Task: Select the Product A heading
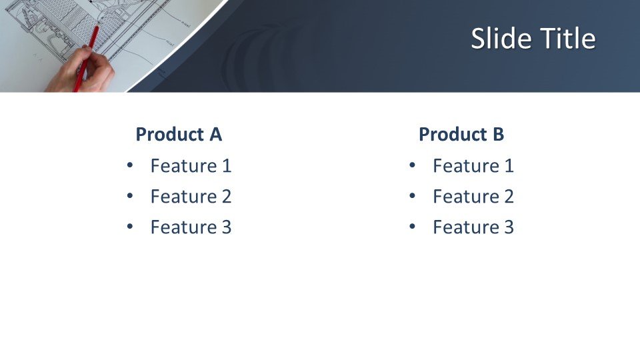coord(179,134)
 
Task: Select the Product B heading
coord(461,134)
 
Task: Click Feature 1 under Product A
coord(191,166)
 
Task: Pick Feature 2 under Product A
coord(191,196)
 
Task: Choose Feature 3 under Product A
coord(191,227)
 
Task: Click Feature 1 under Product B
coord(473,166)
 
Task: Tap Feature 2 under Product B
coord(473,196)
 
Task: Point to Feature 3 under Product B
coord(473,227)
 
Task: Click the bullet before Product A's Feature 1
coord(130,165)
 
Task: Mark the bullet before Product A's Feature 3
coord(130,227)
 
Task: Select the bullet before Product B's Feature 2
coord(412,196)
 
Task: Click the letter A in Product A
coord(216,134)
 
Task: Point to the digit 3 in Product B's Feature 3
coord(509,227)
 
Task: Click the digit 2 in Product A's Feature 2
coord(227,196)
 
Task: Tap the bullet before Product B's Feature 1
coord(412,165)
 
